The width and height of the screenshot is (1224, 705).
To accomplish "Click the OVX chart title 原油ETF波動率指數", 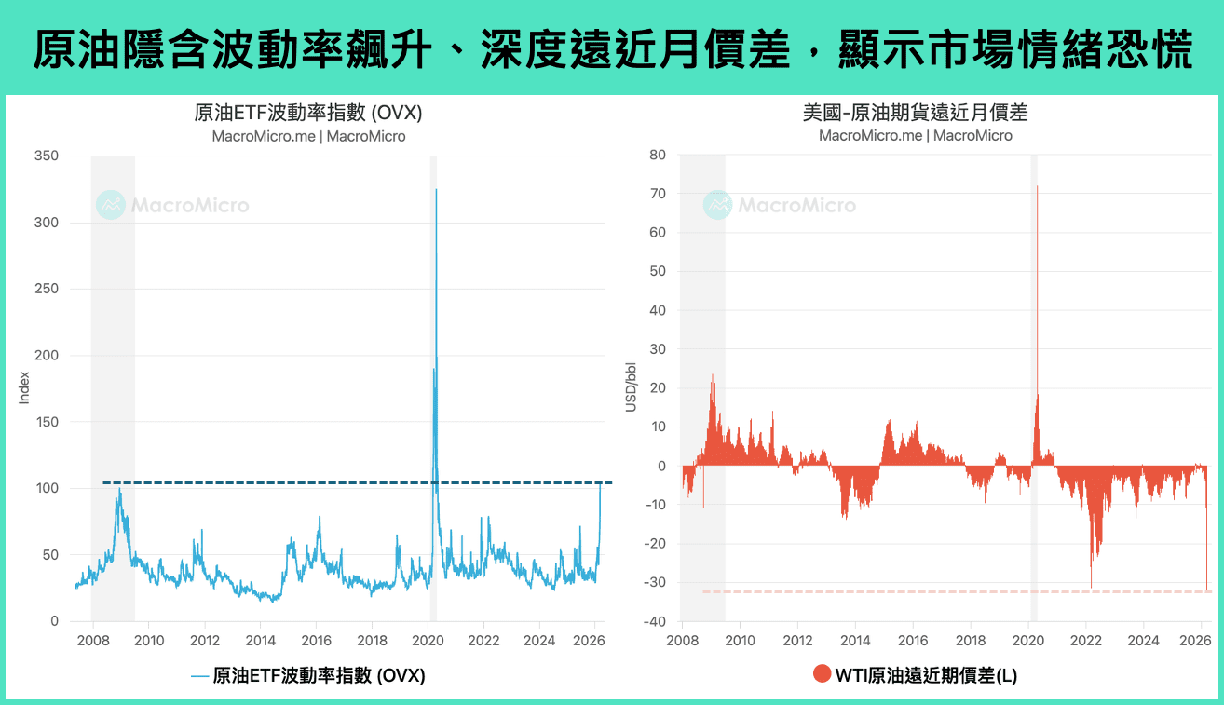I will pos(308,114).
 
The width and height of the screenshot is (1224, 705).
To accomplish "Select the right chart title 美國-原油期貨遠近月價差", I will pos(915,114).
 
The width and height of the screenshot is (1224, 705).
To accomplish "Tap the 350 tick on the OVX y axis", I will pos(46,156).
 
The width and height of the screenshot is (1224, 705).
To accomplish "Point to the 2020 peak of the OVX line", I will pos(436,190).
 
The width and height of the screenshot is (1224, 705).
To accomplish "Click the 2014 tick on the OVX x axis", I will pos(260,641).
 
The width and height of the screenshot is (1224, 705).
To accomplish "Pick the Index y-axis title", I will pos(25,388).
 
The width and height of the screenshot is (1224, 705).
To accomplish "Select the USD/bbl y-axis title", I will pos(631,388).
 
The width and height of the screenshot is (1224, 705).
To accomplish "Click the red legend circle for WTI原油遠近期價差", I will pos(822,674).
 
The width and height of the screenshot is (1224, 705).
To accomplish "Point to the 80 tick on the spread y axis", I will pos(658,156).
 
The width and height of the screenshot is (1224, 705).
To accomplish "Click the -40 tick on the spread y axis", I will pos(655,622).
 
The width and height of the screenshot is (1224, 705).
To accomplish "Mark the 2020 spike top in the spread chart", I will pos(1037,186).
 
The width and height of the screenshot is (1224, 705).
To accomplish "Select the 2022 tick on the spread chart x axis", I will pos(1086,641).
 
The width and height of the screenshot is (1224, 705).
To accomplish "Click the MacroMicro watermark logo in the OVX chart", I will pos(111,205).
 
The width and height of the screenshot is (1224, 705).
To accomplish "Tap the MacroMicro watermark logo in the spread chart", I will pos(717,205).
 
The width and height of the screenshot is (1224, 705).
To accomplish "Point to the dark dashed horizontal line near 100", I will pos(279,482).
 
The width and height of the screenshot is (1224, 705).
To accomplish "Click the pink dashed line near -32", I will pos(932,591).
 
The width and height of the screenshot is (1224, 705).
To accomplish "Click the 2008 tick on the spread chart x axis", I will pos(683,641).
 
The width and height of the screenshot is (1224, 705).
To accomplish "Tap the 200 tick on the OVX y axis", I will pos(46,355).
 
